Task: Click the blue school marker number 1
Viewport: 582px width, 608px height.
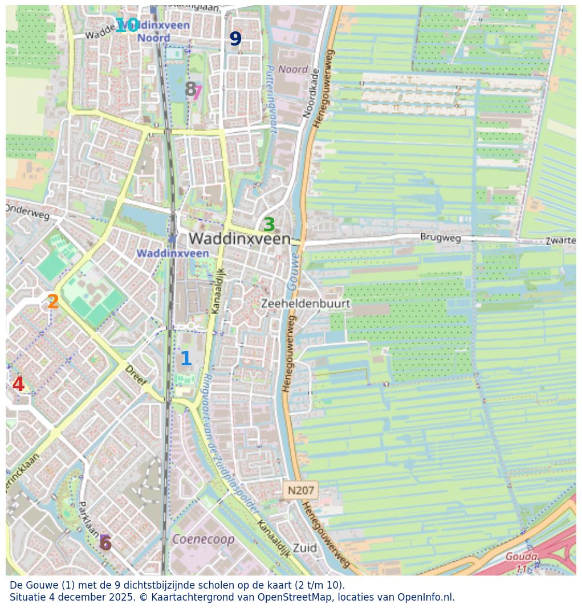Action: tap(185, 359)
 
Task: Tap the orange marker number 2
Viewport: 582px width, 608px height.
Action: tap(53, 302)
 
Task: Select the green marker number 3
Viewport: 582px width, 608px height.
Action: tap(268, 225)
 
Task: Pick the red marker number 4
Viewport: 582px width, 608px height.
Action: tap(18, 385)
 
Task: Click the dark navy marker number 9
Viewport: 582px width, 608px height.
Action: tap(235, 39)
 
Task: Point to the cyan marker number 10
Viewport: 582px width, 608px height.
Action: tap(127, 26)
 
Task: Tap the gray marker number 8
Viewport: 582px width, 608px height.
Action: tap(190, 89)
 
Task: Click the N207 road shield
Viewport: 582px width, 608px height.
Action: tap(300, 490)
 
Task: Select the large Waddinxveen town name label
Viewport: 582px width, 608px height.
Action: tap(239, 239)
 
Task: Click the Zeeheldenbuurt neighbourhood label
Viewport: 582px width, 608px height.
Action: tap(305, 304)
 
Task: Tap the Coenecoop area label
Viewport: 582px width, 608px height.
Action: tap(203, 539)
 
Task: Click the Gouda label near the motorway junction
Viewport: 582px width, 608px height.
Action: tap(520, 557)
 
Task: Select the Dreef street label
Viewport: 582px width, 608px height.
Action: tap(136, 376)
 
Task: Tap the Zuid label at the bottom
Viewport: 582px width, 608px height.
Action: tap(305, 548)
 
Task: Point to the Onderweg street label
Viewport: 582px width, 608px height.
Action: tap(27, 212)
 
